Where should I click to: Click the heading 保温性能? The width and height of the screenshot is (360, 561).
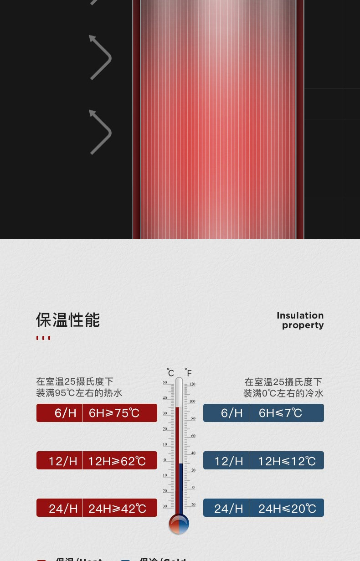(68, 320)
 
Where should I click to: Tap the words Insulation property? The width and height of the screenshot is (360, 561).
(300, 320)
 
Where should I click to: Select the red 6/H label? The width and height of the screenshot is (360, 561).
(65, 413)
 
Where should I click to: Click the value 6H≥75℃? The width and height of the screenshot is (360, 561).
(114, 413)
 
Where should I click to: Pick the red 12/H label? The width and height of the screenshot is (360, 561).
(63, 461)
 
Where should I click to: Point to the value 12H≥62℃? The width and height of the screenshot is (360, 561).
(117, 461)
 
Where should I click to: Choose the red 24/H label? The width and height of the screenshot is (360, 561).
(63, 508)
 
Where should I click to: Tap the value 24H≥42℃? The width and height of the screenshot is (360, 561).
(117, 508)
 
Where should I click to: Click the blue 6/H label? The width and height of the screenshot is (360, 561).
(231, 413)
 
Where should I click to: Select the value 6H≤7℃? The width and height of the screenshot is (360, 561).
(280, 413)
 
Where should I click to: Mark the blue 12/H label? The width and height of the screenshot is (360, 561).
(228, 461)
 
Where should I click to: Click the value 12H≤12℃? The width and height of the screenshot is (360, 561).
(287, 461)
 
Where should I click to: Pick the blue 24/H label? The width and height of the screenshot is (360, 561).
(228, 508)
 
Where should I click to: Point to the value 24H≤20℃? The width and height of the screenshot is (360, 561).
(287, 508)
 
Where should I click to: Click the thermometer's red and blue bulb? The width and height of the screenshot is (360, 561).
(179, 524)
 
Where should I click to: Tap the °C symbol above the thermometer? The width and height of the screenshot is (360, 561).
(170, 372)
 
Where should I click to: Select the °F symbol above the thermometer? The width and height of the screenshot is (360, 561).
(188, 372)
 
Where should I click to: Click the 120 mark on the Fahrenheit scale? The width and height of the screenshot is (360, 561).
(192, 384)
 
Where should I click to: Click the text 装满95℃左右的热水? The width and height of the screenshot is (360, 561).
(79, 393)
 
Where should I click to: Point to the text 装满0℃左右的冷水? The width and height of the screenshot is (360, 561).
(283, 393)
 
